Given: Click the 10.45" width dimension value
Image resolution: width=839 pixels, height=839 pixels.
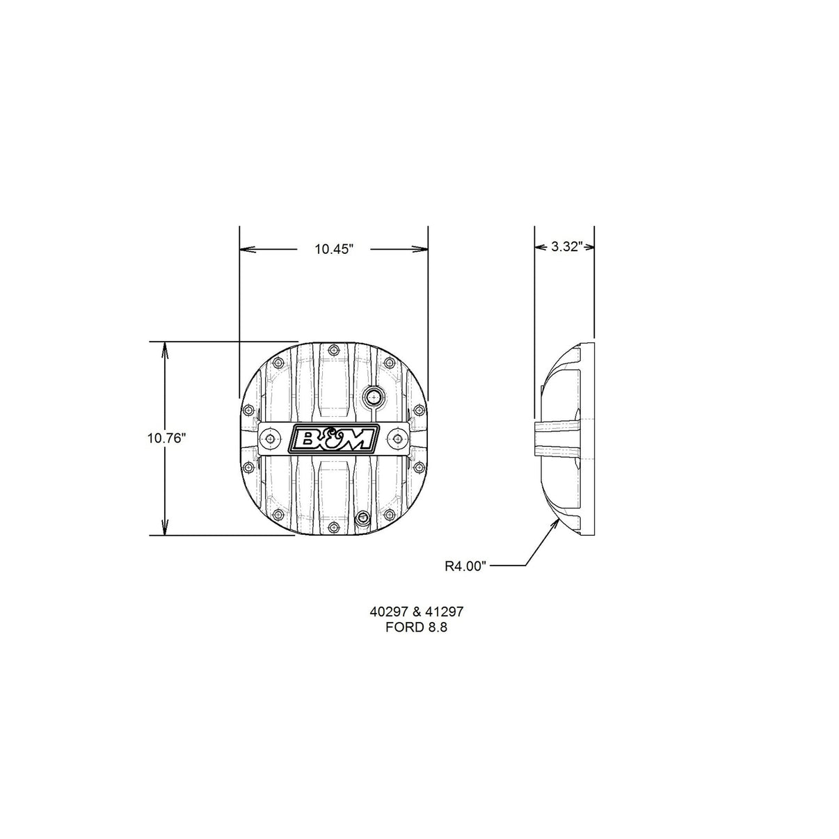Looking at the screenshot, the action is [333, 249].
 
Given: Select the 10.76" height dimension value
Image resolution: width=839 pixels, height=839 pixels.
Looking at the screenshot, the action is [166, 438].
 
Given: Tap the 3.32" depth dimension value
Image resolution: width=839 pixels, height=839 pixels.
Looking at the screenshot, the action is [567, 246].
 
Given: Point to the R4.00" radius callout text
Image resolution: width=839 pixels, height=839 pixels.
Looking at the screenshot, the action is [465, 566].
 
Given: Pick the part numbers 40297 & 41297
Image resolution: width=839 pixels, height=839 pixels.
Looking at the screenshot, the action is [417, 612].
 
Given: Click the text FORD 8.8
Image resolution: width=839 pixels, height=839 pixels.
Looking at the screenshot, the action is [416, 628].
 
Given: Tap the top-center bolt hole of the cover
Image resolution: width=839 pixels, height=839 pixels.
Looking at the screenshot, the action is [333, 349].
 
